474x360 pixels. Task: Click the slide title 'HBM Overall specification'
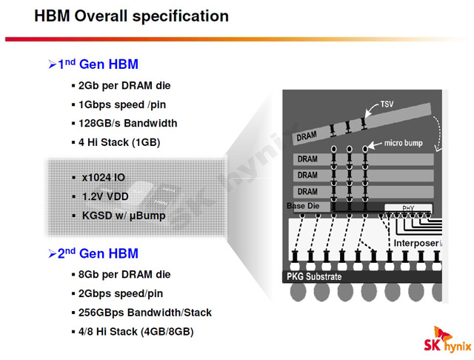(131, 16)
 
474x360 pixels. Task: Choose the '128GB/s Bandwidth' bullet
(127, 123)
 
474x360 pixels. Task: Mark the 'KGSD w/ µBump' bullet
(124, 216)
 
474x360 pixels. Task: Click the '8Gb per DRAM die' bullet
(124, 274)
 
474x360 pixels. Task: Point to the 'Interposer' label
(418, 243)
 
